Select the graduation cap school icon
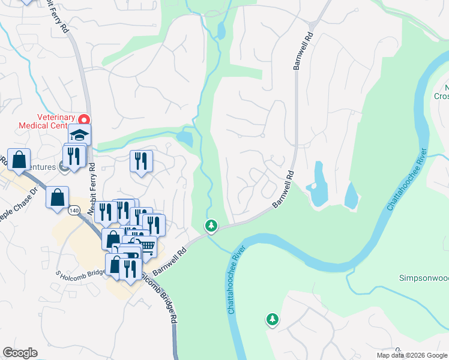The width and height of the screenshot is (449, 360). coord(79,135)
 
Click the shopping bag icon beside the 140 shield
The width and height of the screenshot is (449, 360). coord(58,197)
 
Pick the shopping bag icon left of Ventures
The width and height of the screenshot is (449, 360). coord(19,160)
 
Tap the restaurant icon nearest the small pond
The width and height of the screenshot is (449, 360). coord(141,161)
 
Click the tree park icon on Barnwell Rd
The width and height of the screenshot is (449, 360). coord(211,226)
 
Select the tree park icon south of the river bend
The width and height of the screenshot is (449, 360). coord(273,319)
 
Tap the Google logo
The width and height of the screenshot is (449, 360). coord(20,353)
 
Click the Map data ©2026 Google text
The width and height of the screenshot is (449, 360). coord(411,355)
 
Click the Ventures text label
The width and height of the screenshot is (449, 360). coord(47,167)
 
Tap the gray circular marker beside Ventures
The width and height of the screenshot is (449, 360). coord(64,167)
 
